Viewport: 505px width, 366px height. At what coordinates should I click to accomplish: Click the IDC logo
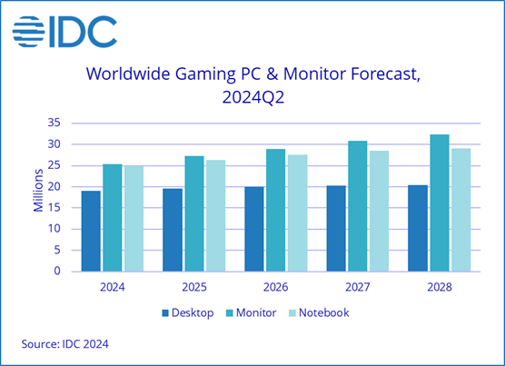tap(64, 33)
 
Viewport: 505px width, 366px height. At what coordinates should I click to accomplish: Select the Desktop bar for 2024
tap(91, 231)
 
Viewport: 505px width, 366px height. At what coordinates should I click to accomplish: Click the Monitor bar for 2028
tap(439, 203)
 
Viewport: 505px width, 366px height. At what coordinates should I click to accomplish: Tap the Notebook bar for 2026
tap(298, 213)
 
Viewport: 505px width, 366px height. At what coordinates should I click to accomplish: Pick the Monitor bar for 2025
tap(194, 213)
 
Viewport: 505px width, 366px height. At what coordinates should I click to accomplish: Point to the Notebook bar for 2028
tap(460, 210)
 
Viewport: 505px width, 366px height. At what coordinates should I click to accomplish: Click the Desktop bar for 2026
tap(254, 229)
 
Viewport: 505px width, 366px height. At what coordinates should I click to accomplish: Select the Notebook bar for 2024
tap(134, 218)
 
